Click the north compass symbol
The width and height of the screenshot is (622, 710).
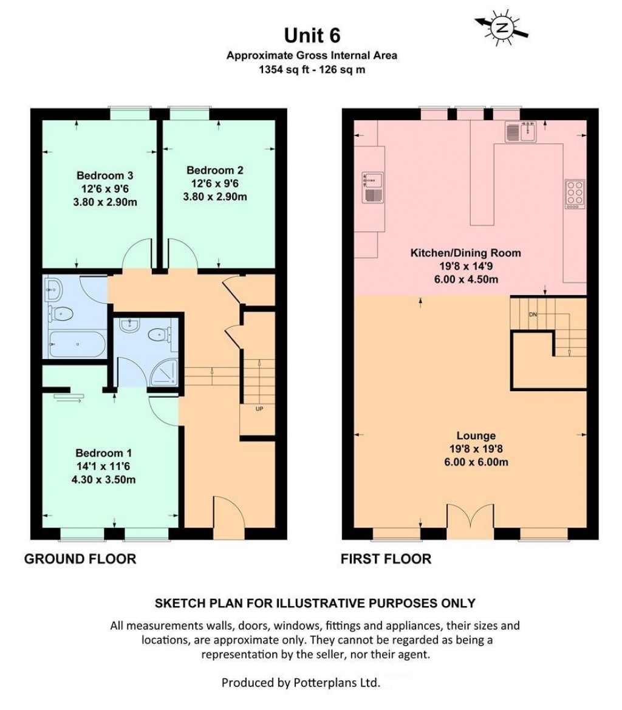502,27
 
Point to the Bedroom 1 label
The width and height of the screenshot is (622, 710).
103,453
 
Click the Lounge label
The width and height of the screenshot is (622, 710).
476,435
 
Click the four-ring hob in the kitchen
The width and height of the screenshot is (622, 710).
575,194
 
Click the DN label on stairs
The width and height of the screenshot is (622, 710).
533,314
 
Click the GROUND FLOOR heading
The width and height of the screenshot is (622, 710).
80,559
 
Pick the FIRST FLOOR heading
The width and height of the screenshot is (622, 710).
387,559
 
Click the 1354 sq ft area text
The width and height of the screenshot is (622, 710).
282,69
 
